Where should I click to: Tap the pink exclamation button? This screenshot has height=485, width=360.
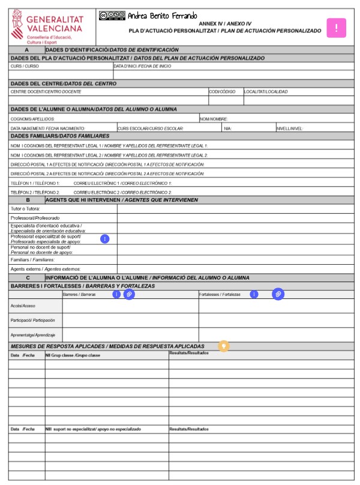336,28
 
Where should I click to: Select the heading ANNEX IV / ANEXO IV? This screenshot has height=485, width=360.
225,23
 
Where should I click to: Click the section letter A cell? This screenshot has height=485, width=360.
27,49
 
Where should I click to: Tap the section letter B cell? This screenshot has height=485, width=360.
27,200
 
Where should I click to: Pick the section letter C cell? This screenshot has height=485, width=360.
27,278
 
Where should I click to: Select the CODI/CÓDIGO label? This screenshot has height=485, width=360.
222,92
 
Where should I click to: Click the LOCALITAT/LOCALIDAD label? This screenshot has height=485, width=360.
266,92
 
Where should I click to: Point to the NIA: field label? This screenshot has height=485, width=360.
227,128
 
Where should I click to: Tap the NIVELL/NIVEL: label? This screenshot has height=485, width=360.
290,128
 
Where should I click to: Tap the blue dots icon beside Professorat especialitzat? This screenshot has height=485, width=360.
105,239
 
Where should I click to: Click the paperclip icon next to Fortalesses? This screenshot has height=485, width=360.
278,294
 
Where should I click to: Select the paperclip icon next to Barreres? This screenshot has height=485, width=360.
128,295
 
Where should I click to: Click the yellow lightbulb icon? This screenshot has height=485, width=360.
224,346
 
